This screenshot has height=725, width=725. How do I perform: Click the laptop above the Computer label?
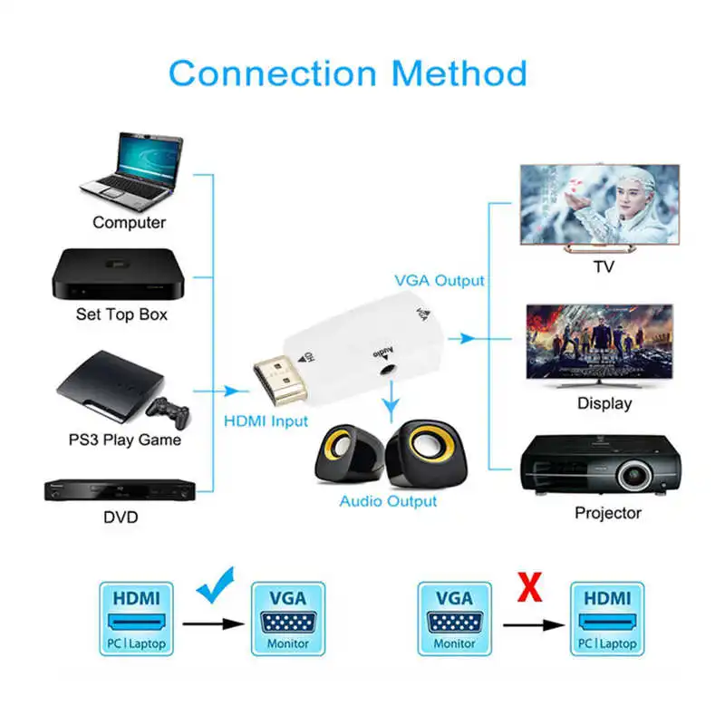[x=137, y=167]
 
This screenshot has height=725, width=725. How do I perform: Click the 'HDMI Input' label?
[x=266, y=421]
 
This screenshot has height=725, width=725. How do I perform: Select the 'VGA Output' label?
[x=439, y=281]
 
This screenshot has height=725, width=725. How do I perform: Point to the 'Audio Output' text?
[x=388, y=500]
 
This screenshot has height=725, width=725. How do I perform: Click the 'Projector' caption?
[x=607, y=513]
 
